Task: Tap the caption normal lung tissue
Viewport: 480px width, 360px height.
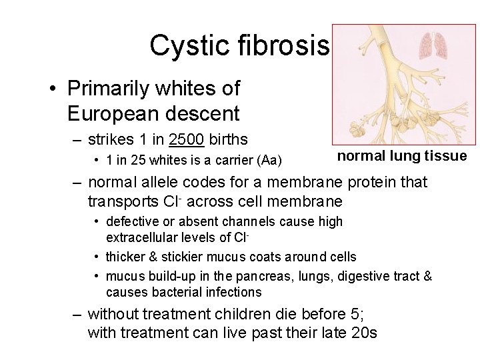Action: pyautogui.click(x=401, y=156)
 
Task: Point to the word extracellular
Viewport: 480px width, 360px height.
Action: pyautogui.click(x=141, y=237)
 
